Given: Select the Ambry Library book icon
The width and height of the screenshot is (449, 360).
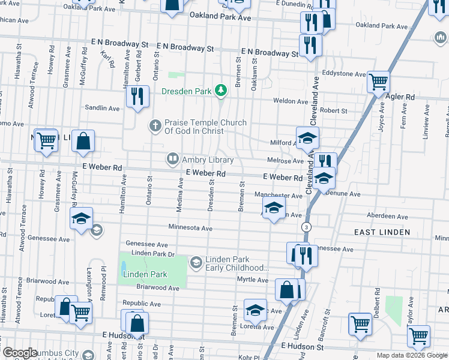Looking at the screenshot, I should click(x=173, y=158).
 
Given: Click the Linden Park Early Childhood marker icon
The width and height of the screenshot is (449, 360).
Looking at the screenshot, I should click(x=196, y=263).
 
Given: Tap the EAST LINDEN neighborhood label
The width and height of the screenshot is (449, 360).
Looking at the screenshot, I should click(x=382, y=232).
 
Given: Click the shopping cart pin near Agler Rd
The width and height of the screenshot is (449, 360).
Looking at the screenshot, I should click(x=378, y=81).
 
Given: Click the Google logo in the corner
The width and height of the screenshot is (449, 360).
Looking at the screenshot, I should click(x=19, y=353).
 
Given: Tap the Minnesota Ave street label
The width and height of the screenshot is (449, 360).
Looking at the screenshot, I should click(x=190, y=229).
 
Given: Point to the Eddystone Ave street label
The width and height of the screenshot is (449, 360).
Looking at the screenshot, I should click(x=344, y=74).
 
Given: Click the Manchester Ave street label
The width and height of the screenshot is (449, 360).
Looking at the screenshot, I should click(x=278, y=196).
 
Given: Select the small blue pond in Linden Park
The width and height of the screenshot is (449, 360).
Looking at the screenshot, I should click(x=124, y=266).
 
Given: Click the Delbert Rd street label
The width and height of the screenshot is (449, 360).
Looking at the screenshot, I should click(x=377, y=300).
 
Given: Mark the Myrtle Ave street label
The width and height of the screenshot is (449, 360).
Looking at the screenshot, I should click(x=254, y=280).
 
